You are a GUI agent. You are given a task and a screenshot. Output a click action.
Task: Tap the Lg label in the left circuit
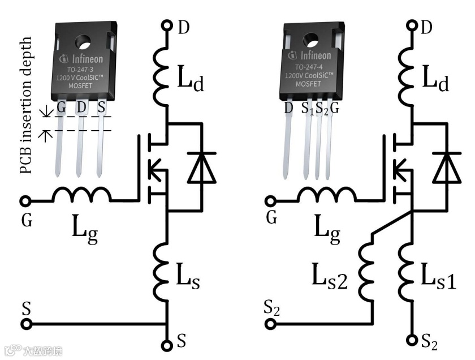[85, 230]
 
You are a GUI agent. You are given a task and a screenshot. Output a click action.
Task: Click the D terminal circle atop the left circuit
[167, 25]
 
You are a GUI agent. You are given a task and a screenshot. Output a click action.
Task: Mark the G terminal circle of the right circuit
[270, 201]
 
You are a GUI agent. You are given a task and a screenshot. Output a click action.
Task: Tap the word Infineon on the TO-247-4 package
[315, 56]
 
